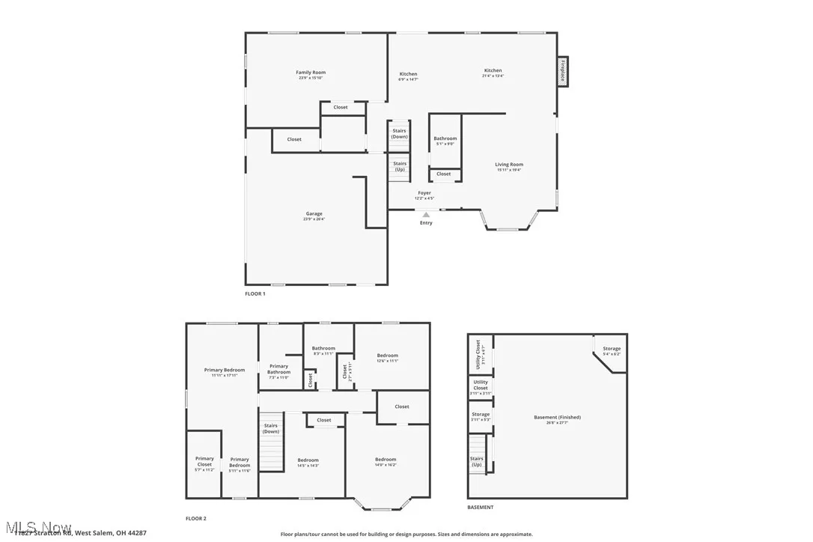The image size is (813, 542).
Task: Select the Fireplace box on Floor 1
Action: click(x=562, y=71)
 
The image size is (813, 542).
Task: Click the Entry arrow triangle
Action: click(x=426, y=215)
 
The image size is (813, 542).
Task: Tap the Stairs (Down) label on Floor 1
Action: click(x=400, y=133)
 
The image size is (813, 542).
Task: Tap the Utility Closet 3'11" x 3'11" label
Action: click(x=480, y=385)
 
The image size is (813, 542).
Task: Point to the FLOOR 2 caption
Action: click(x=196, y=518)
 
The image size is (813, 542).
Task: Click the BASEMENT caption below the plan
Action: click(x=481, y=507)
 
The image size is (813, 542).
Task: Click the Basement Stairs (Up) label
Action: click(x=476, y=461)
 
